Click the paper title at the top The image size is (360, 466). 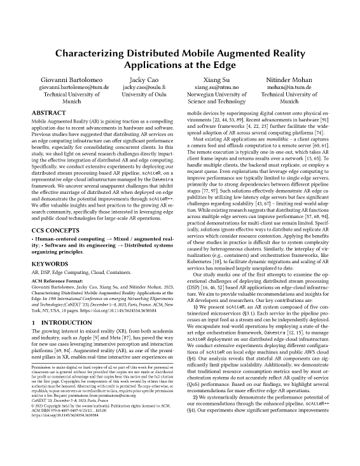tap(180, 58)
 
